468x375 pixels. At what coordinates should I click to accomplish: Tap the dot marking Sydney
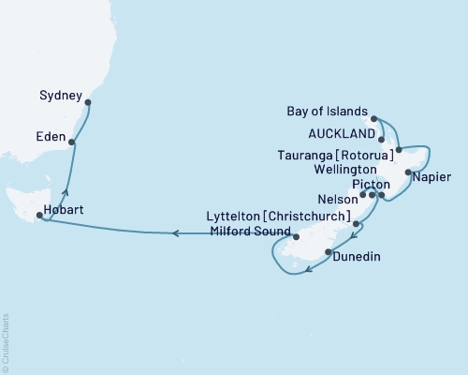[88, 104]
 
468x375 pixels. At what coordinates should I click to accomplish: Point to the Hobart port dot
[38, 216]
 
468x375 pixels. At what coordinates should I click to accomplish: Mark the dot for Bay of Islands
[374, 119]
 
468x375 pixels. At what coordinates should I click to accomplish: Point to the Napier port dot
[408, 172]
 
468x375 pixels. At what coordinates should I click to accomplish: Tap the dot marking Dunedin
[327, 252]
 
